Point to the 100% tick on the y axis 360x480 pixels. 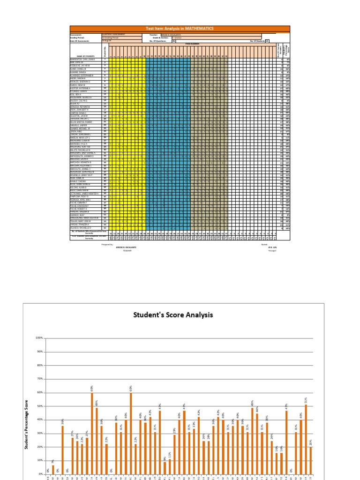click(x=39, y=338)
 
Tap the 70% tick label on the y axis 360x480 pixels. click(x=39, y=379)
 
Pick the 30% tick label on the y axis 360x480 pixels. click(x=39, y=434)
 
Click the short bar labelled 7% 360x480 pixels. click(x=53, y=469)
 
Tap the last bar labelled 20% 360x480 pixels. click(x=311, y=460)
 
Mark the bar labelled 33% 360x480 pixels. click(x=194, y=451)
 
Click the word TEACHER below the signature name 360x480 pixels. click(x=127, y=251)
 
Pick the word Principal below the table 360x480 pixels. click(x=272, y=250)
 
